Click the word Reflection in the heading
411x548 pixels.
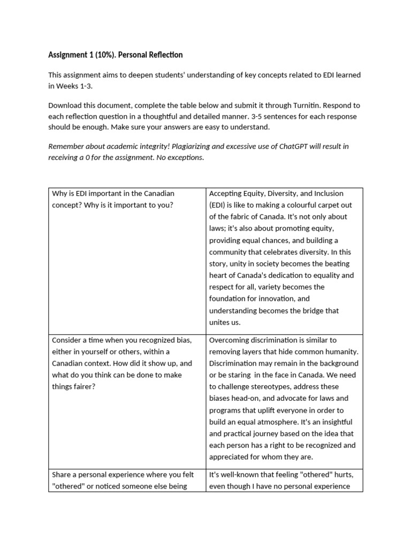click(x=164, y=55)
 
